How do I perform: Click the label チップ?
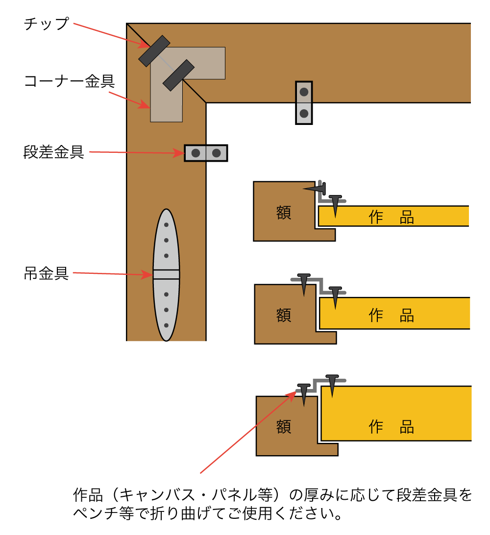click(47, 24)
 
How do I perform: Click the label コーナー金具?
click(69, 81)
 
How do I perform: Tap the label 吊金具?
click(46, 273)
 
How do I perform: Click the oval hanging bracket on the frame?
click(167, 274)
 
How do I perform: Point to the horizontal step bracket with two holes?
click(206, 153)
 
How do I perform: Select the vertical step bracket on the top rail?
click(304, 102)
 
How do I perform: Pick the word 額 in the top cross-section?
click(283, 213)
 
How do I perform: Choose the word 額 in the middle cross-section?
click(284, 315)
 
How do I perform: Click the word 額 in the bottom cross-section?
click(284, 426)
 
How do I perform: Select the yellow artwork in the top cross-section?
click(392, 216)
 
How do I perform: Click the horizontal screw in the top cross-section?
click(315, 188)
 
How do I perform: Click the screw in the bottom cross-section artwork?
click(332, 385)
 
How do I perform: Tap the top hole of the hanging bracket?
click(167, 225)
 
